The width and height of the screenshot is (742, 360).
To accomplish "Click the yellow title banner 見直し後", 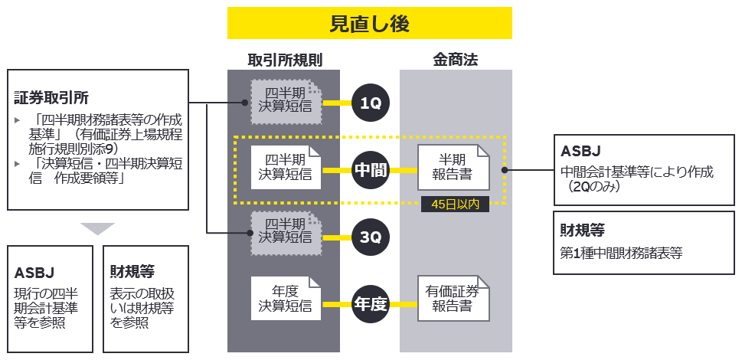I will coord(369,24).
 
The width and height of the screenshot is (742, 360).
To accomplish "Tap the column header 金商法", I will coord(455,60).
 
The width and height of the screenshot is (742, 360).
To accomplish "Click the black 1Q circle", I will coord(371,103).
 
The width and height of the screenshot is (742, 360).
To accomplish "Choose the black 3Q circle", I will coord(371,237).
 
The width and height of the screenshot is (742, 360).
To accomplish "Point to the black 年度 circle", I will coord(371,302).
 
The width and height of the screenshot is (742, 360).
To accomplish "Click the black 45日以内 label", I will coord(454,205).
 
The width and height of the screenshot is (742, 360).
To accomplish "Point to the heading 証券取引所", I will coord(51,98).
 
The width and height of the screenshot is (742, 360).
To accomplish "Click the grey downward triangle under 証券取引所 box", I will coord(97,228).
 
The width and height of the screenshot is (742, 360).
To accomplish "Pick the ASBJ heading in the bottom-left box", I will coord(34,272).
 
